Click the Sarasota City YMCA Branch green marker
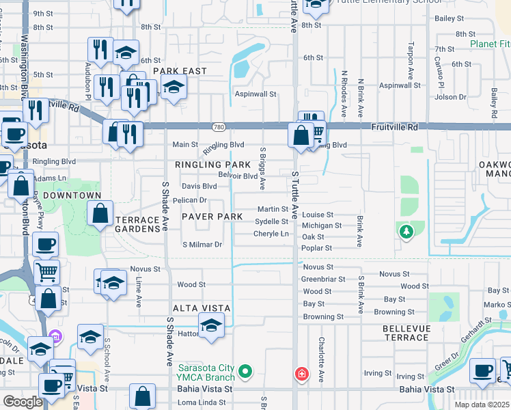tap(246, 372)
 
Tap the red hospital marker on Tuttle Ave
tap(301, 374)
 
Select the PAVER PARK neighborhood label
tap(212, 217)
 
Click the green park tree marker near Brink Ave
tap(406, 232)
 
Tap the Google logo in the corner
tap(23, 402)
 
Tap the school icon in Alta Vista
tap(212, 325)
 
